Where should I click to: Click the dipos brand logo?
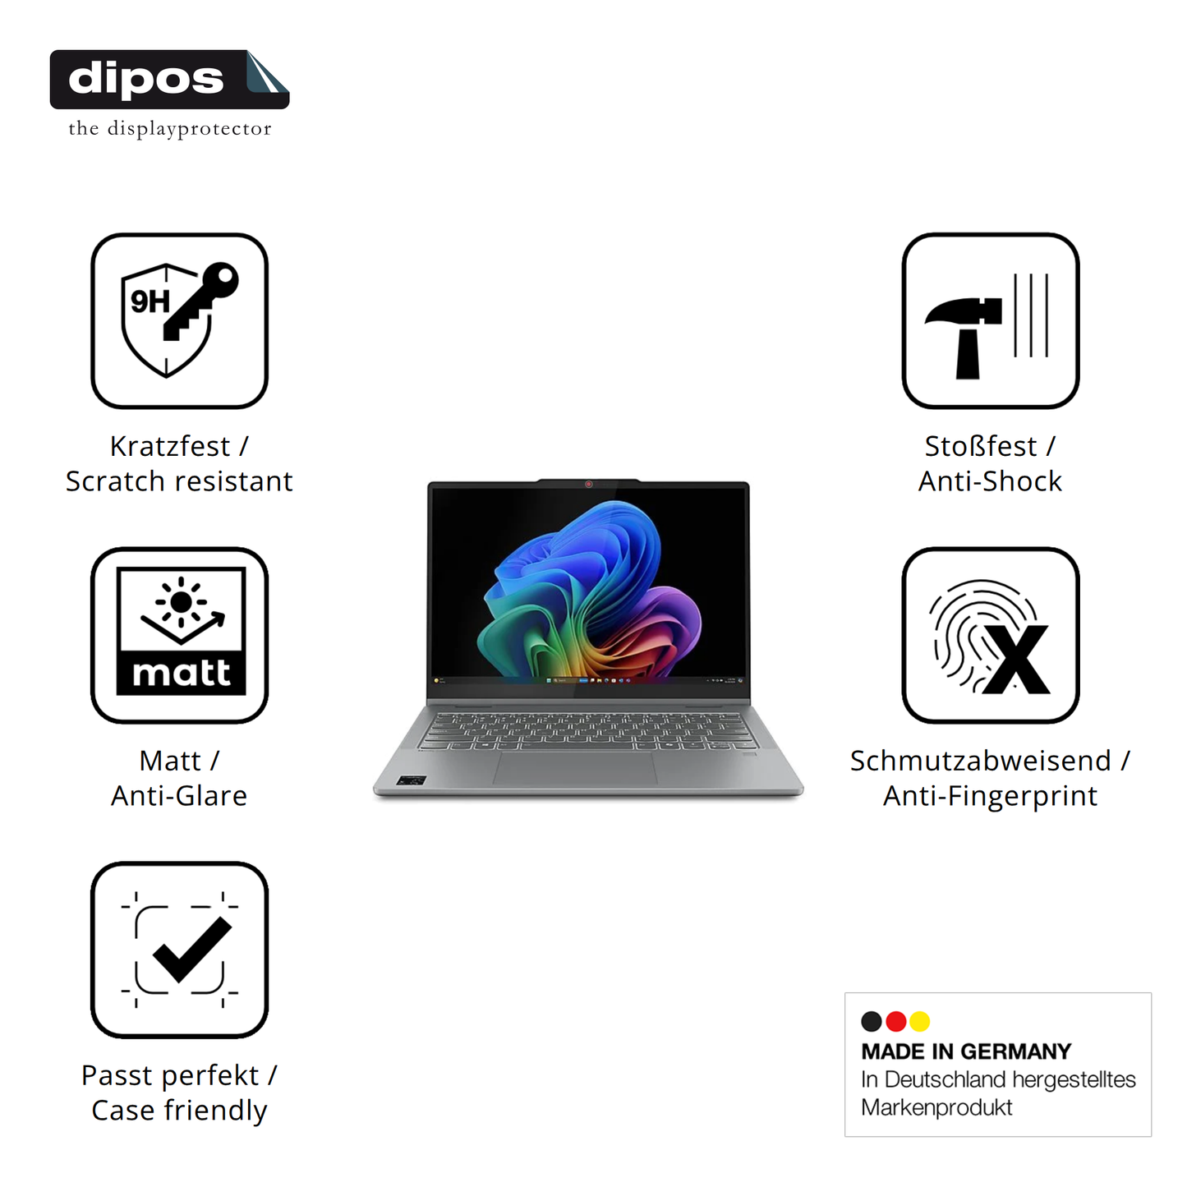pos(169,80)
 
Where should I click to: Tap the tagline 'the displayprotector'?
pos(170,128)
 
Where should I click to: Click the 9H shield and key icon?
pos(179,320)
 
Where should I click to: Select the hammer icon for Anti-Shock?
pos(990,320)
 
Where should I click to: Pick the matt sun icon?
pos(179,634)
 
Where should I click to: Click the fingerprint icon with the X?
pos(990,634)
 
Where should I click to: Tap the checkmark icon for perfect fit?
pos(179,950)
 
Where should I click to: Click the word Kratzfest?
pos(170,446)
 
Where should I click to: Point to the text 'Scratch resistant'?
pos(179,481)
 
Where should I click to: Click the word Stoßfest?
pos(981,446)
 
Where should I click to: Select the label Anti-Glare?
pos(179,795)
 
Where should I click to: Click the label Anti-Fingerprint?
pos(990,796)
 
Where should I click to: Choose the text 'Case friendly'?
pos(179,1111)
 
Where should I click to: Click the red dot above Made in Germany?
pos(895,1021)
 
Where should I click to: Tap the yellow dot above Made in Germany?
pos(920,1021)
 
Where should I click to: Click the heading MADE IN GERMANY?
pos(966,1051)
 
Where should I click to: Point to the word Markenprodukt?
pos(936,1107)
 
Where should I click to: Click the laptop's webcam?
pos(588,484)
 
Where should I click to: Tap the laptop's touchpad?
pos(575,767)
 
